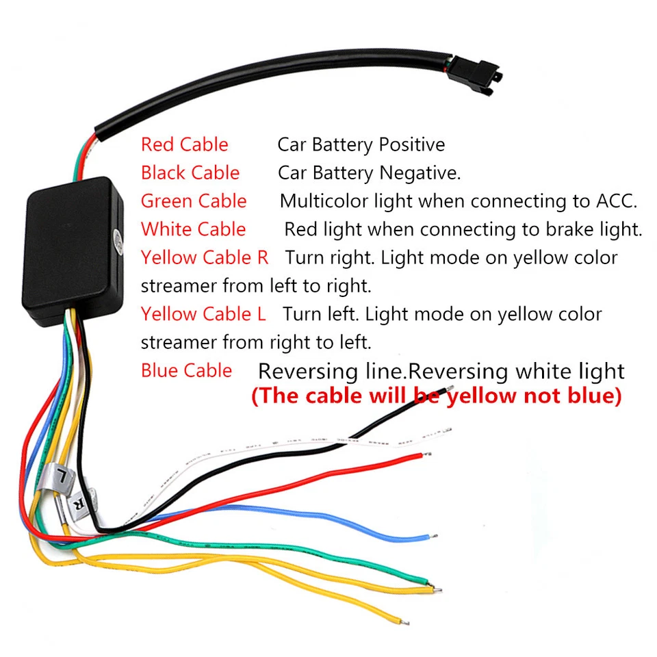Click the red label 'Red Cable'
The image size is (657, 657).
[x=184, y=144]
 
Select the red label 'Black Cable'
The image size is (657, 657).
[x=190, y=172]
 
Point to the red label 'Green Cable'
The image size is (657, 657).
[x=194, y=201]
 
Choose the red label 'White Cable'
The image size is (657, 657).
[x=193, y=229]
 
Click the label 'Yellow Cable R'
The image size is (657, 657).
[x=205, y=257]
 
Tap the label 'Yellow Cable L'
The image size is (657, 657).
[x=203, y=314]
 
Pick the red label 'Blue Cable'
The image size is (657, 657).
[x=186, y=370]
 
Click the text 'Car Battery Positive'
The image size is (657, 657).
[x=361, y=144]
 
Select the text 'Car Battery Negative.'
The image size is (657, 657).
[x=369, y=172]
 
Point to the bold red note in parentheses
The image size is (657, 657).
[x=436, y=396]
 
